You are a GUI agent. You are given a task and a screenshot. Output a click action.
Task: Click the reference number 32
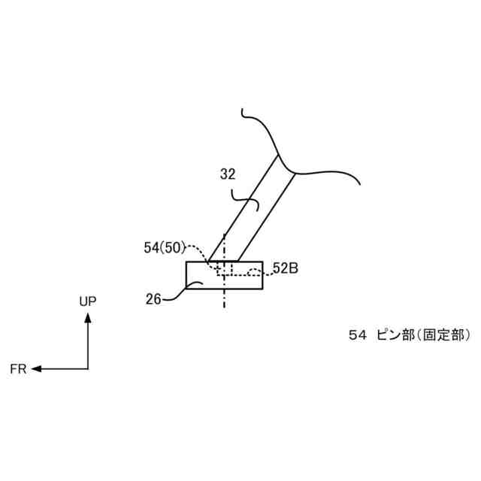click(x=228, y=175)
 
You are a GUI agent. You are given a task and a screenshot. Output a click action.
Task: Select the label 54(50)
click(x=165, y=247)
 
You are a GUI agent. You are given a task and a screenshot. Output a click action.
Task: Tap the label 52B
click(x=286, y=268)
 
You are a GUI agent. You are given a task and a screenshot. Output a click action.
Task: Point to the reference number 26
click(x=153, y=298)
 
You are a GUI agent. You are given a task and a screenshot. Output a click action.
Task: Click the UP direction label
click(x=88, y=301)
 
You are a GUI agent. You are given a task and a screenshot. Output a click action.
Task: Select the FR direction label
click(x=18, y=369)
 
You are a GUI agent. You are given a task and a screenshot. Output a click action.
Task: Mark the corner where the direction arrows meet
click(x=88, y=369)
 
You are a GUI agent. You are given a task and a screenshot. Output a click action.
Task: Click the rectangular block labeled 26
click(x=244, y=280)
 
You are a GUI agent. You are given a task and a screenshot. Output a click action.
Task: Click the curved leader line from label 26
click(x=176, y=293)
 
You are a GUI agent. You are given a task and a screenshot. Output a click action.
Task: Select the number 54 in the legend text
click(x=356, y=336)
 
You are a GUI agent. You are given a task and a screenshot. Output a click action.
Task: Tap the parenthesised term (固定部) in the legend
click(x=443, y=336)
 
